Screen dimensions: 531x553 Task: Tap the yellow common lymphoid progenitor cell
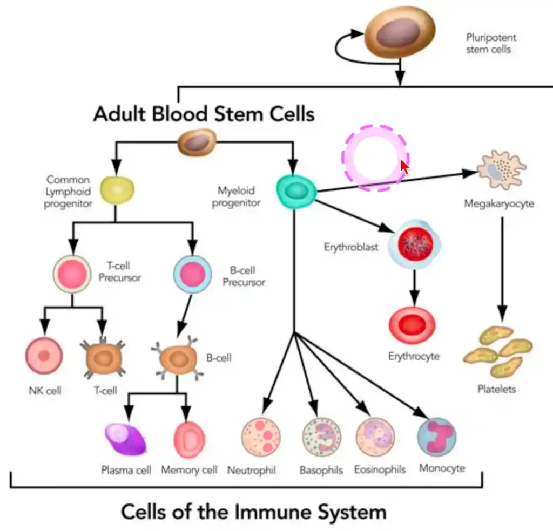[x=117, y=189]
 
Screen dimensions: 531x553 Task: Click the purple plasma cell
[x=126, y=439]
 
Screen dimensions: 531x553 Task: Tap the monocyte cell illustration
[x=437, y=437]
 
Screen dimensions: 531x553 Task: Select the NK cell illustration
[x=44, y=356]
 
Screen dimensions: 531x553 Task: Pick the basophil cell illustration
[x=321, y=438]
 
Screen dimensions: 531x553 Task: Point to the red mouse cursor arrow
[x=404, y=166]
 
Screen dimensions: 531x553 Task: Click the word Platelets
[x=496, y=389]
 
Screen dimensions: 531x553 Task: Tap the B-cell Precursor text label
[x=244, y=276]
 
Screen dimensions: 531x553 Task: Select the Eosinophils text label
[x=380, y=469]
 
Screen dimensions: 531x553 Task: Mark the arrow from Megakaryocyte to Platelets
[x=502, y=270]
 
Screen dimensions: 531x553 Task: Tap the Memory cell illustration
[x=190, y=439]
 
